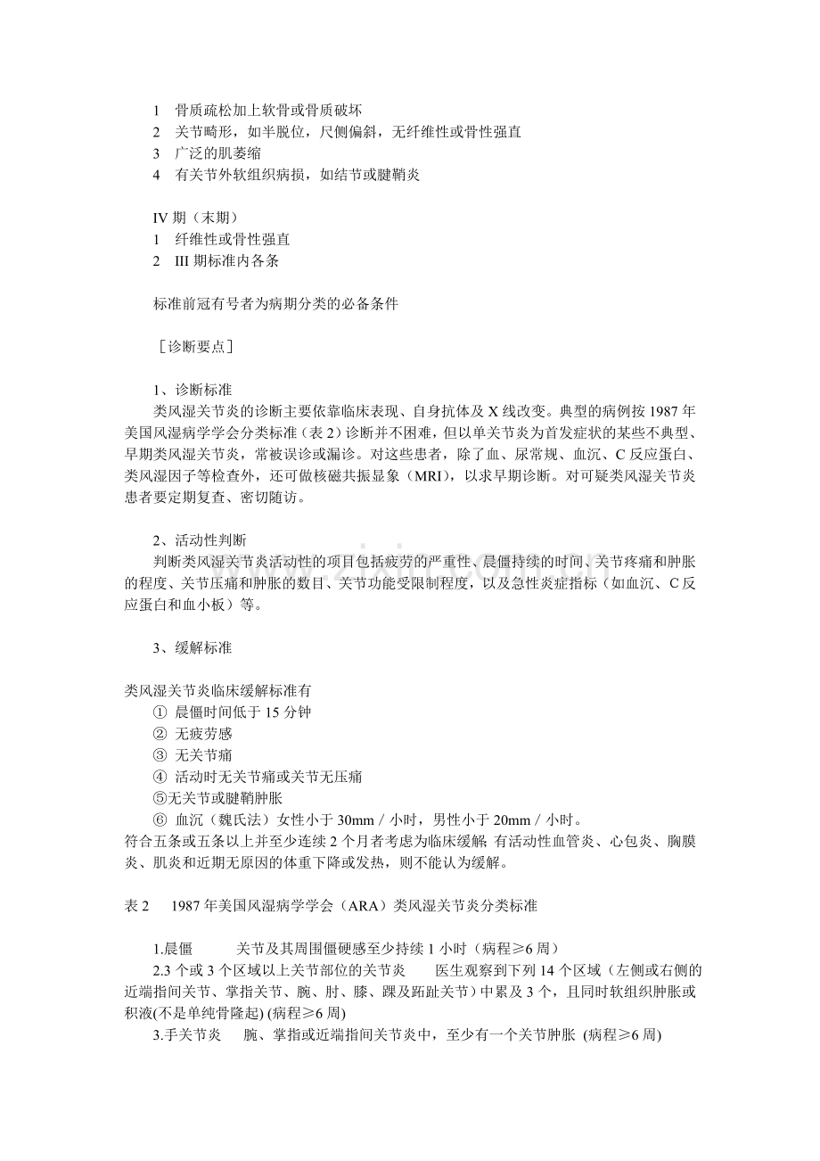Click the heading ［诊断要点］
194,347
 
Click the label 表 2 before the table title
136,905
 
